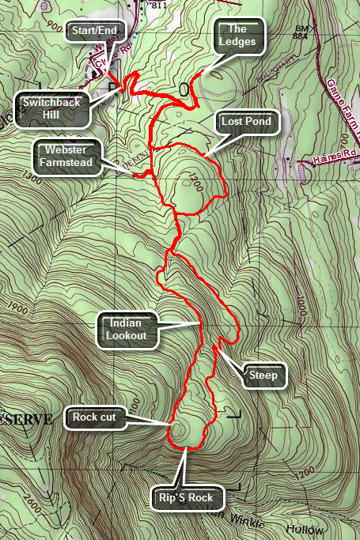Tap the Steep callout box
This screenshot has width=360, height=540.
pos(263,375)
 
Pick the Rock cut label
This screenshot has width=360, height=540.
pos(94,417)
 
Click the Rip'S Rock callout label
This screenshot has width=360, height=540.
pos(187,499)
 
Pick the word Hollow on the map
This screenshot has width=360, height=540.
pos(324,527)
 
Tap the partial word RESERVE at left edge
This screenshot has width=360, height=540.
pos(25,419)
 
